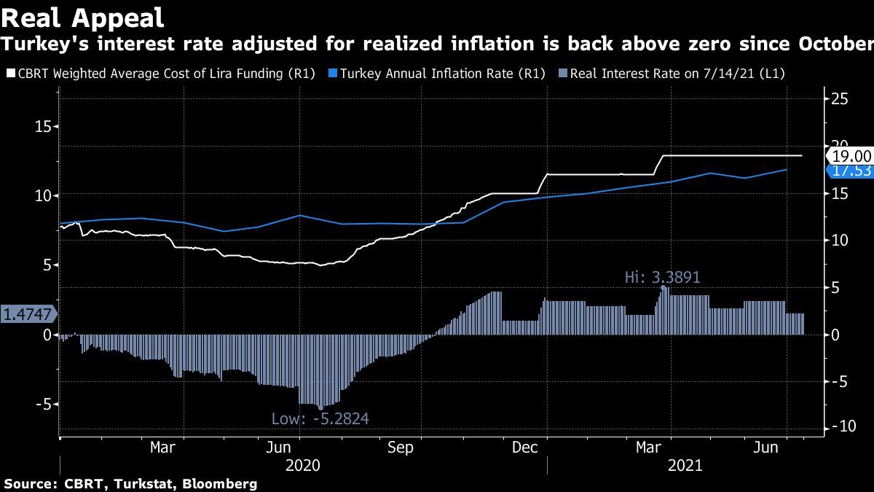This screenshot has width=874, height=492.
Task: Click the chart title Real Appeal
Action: (x=82, y=16)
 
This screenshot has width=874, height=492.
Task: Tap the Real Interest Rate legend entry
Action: (x=677, y=74)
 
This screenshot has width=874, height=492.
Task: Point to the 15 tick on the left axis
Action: (x=44, y=126)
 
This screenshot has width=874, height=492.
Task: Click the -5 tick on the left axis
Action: (x=42, y=404)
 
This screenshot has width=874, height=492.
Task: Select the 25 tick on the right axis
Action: (x=840, y=99)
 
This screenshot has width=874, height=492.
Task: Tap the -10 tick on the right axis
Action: (x=838, y=427)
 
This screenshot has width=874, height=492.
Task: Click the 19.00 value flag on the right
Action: (x=851, y=155)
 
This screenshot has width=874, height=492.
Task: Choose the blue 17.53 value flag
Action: (x=851, y=171)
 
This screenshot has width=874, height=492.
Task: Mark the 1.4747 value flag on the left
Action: (x=28, y=314)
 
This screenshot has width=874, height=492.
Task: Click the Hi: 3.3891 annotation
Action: (x=663, y=277)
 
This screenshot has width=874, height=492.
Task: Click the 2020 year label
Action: (x=303, y=465)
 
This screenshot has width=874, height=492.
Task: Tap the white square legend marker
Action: (x=10, y=74)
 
